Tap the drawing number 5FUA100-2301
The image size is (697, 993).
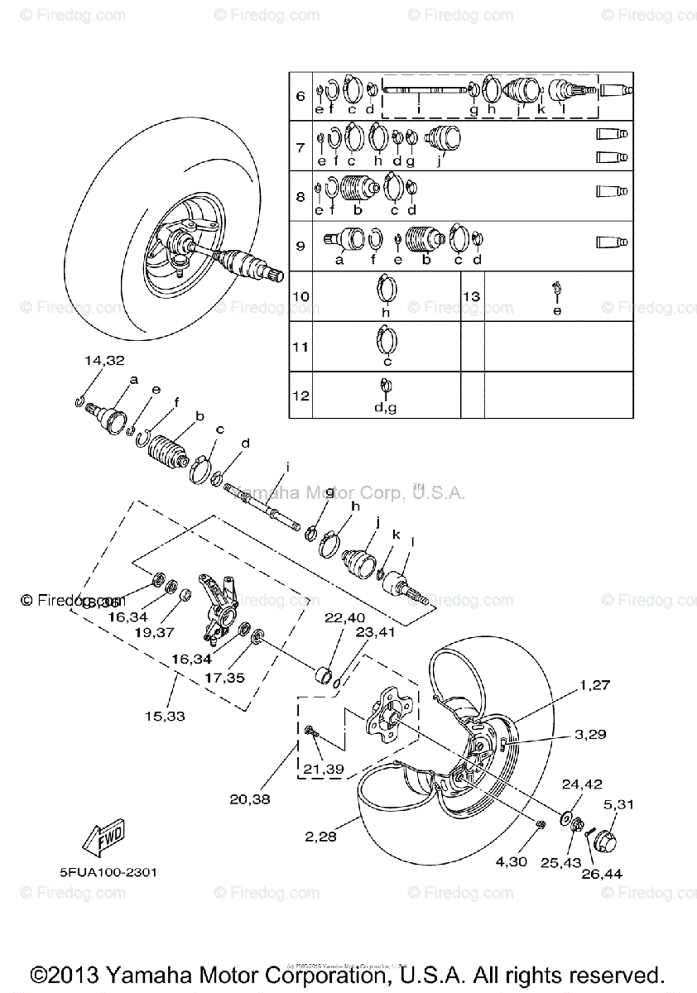pyautogui.click(x=108, y=872)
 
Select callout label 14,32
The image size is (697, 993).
pyautogui.click(x=103, y=360)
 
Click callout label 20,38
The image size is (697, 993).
pyautogui.click(x=250, y=799)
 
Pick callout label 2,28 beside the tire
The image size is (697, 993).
pyautogui.click(x=321, y=837)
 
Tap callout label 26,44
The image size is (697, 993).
pyautogui.click(x=603, y=874)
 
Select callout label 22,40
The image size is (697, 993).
pyautogui.click(x=344, y=617)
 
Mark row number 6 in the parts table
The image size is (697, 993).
pyautogui.click(x=300, y=97)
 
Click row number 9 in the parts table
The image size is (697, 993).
pyautogui.click(x=300, y=246)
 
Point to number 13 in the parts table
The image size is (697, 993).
pyautogui.click(x=472, y=296)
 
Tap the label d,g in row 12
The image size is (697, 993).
pyautogui.click(x=386, y=408)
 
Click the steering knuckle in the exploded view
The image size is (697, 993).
pyautogui.click(x=220, y=611)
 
